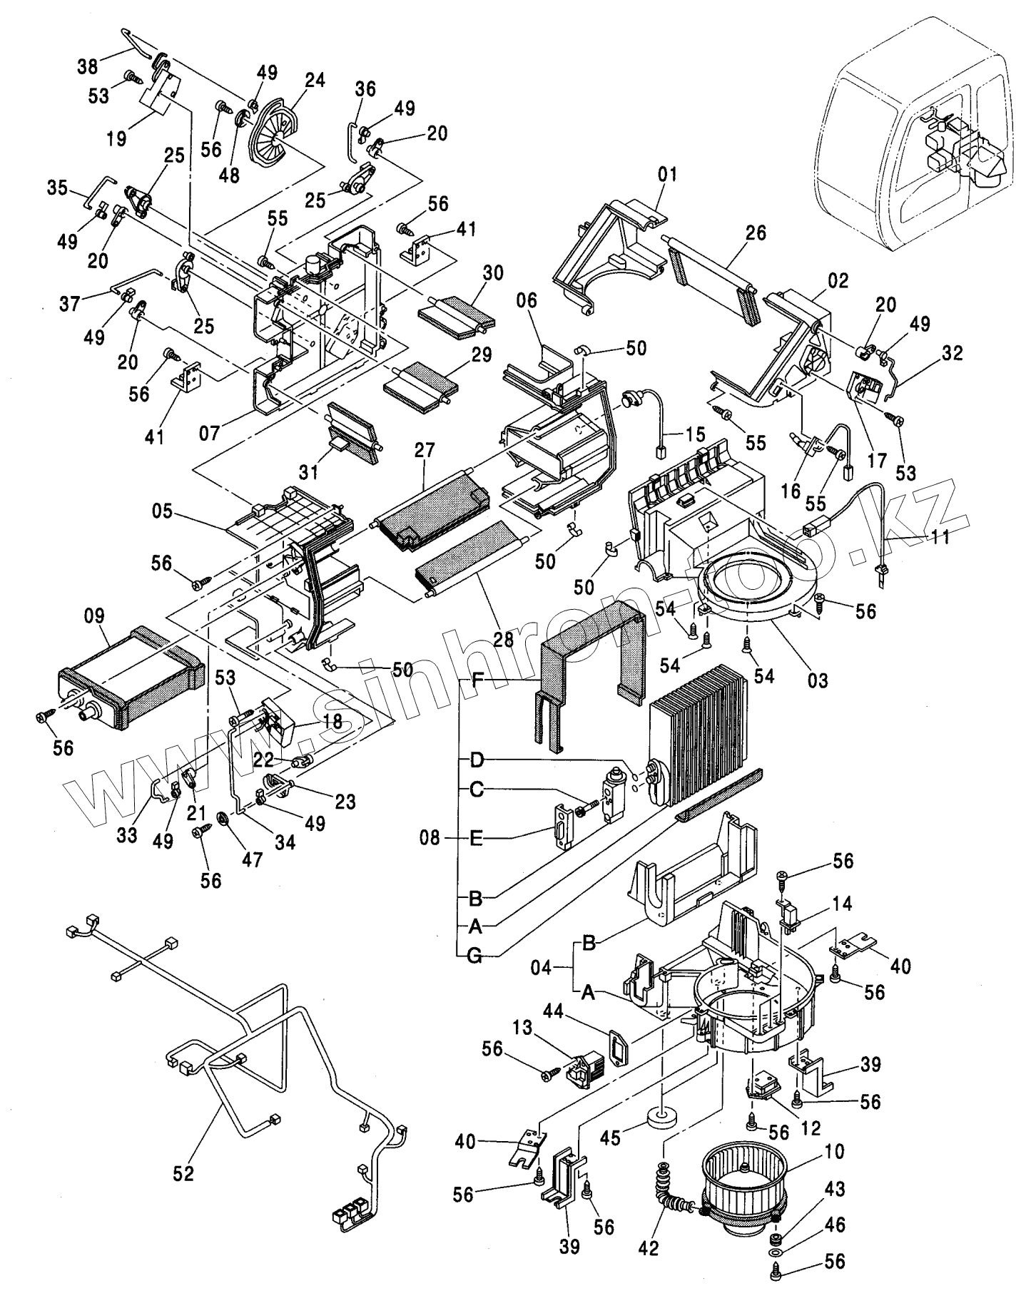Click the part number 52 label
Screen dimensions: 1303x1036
(x=183, y=1174)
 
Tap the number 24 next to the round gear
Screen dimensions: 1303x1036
(x=314, y=81)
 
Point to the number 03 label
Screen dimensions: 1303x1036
(x=818, y=680)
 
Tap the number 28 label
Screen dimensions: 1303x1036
(x=503, y=639)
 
